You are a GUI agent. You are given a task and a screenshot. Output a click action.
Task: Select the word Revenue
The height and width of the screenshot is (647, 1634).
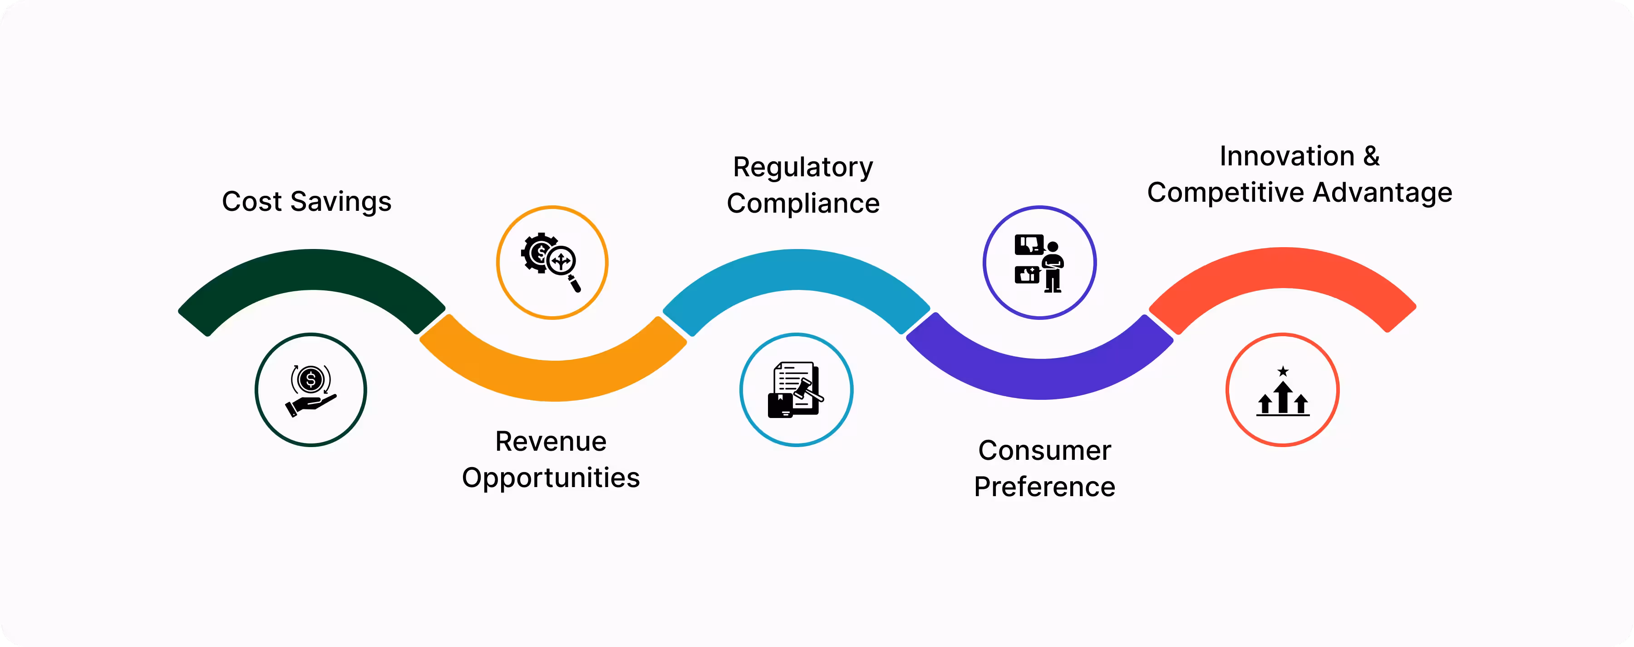551,441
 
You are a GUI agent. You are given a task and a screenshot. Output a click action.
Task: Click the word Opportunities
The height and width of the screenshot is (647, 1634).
551,478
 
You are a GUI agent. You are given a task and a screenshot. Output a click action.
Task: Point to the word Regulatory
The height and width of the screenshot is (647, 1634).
803,168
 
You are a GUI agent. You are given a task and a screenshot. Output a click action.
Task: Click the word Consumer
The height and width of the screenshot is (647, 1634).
1044,451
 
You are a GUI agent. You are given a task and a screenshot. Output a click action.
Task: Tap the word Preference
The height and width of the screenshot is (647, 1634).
1044,487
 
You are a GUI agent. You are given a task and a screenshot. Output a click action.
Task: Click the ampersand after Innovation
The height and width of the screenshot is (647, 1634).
1371,156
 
